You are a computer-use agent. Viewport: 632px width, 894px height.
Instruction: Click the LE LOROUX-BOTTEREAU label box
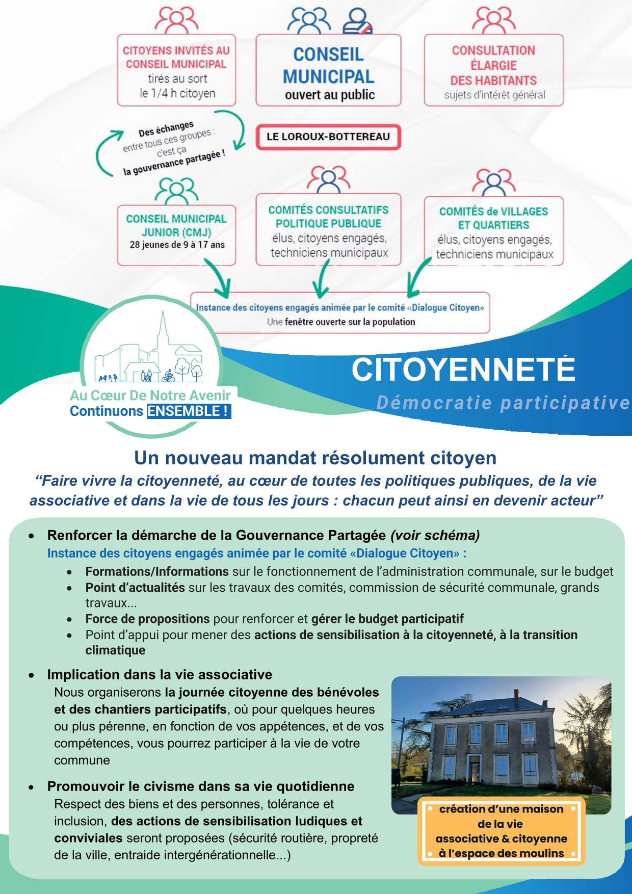point(328,137)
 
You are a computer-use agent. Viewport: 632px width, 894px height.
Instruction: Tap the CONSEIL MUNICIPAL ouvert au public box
point(328,70)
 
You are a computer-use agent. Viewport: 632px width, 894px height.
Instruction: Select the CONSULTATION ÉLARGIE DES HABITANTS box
point(493,70)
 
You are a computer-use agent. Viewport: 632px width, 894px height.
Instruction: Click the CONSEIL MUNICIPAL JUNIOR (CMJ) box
point(176,234)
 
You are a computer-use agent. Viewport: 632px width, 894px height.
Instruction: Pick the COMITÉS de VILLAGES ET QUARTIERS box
point(493,231)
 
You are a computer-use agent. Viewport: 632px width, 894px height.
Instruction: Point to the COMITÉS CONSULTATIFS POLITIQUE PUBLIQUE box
point(328,229)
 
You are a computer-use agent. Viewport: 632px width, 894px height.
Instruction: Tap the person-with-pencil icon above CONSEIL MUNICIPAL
point(357,21)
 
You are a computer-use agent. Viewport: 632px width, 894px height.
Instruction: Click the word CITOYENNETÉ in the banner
point(463,370)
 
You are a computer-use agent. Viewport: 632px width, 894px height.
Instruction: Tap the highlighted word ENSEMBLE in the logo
point(188,411)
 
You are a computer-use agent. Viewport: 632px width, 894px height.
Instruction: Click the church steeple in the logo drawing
point(163,331)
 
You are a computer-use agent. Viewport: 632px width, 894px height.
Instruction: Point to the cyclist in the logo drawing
point(169,377)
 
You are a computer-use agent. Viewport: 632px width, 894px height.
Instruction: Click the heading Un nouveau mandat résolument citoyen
point(315,458)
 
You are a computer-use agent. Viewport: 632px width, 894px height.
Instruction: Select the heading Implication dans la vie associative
point(160,674)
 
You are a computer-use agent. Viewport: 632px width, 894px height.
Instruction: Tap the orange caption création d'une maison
point(501,831)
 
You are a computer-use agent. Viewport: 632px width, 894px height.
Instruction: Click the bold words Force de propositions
point(148,619)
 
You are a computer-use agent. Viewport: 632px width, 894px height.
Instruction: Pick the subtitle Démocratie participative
point(503,403)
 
